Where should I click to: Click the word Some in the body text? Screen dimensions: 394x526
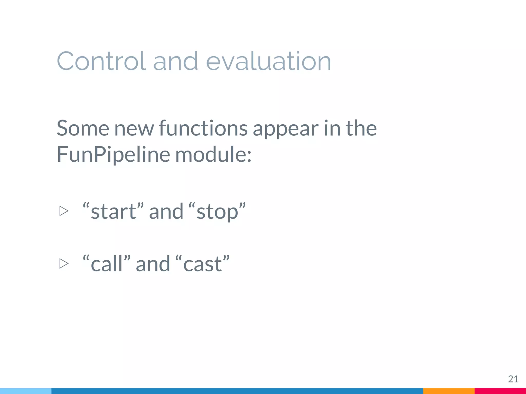pyautogui.click(x=83, y=128)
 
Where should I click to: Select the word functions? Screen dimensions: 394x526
pyautogui.click(x=203, y=128)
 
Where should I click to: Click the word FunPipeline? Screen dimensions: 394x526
pyautogui.click(x=113, y=154)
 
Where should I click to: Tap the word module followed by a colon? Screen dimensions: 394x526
pyautogui.click(x=213, y=154)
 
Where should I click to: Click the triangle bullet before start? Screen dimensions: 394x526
pyautogui.click(x=64, y=211)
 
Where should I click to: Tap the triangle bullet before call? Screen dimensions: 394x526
pyautogui.click(x=64, y=263)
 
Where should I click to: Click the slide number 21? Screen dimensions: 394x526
pyautogui.click(x=513, y=379)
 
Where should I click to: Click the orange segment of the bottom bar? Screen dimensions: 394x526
pyautogui.click(x=449, y=391)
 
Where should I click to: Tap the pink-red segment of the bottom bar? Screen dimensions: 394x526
pyautogui.click(x=500, y=391)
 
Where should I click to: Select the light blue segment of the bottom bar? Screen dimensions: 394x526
pyautogui.click(x=26, y=391)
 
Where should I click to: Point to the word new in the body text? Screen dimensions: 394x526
pyautogui.click(x=134, y=129)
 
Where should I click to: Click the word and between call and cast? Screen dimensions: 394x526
pyautogui.click(x=153, y=264)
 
